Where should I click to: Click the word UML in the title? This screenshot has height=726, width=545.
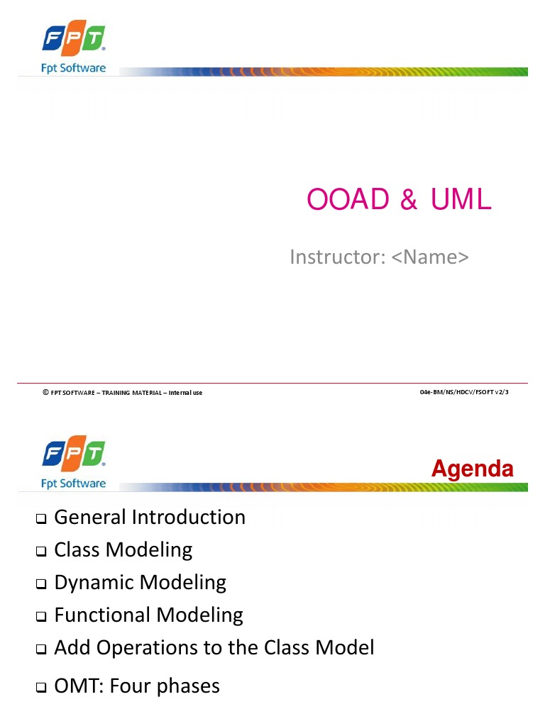pos(459,201)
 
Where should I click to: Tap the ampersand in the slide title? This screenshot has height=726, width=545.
pos(409,201)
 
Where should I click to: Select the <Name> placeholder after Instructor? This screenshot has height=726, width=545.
pos(430,257)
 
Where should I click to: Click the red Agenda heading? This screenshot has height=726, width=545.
pos(473,469)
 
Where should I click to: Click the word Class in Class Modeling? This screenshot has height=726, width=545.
pos(77,550)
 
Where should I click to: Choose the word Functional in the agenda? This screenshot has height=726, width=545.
pos(102,615)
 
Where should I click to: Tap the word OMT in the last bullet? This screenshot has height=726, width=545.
pos(76,686)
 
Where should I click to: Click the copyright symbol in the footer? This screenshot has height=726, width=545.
pos(45,392)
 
